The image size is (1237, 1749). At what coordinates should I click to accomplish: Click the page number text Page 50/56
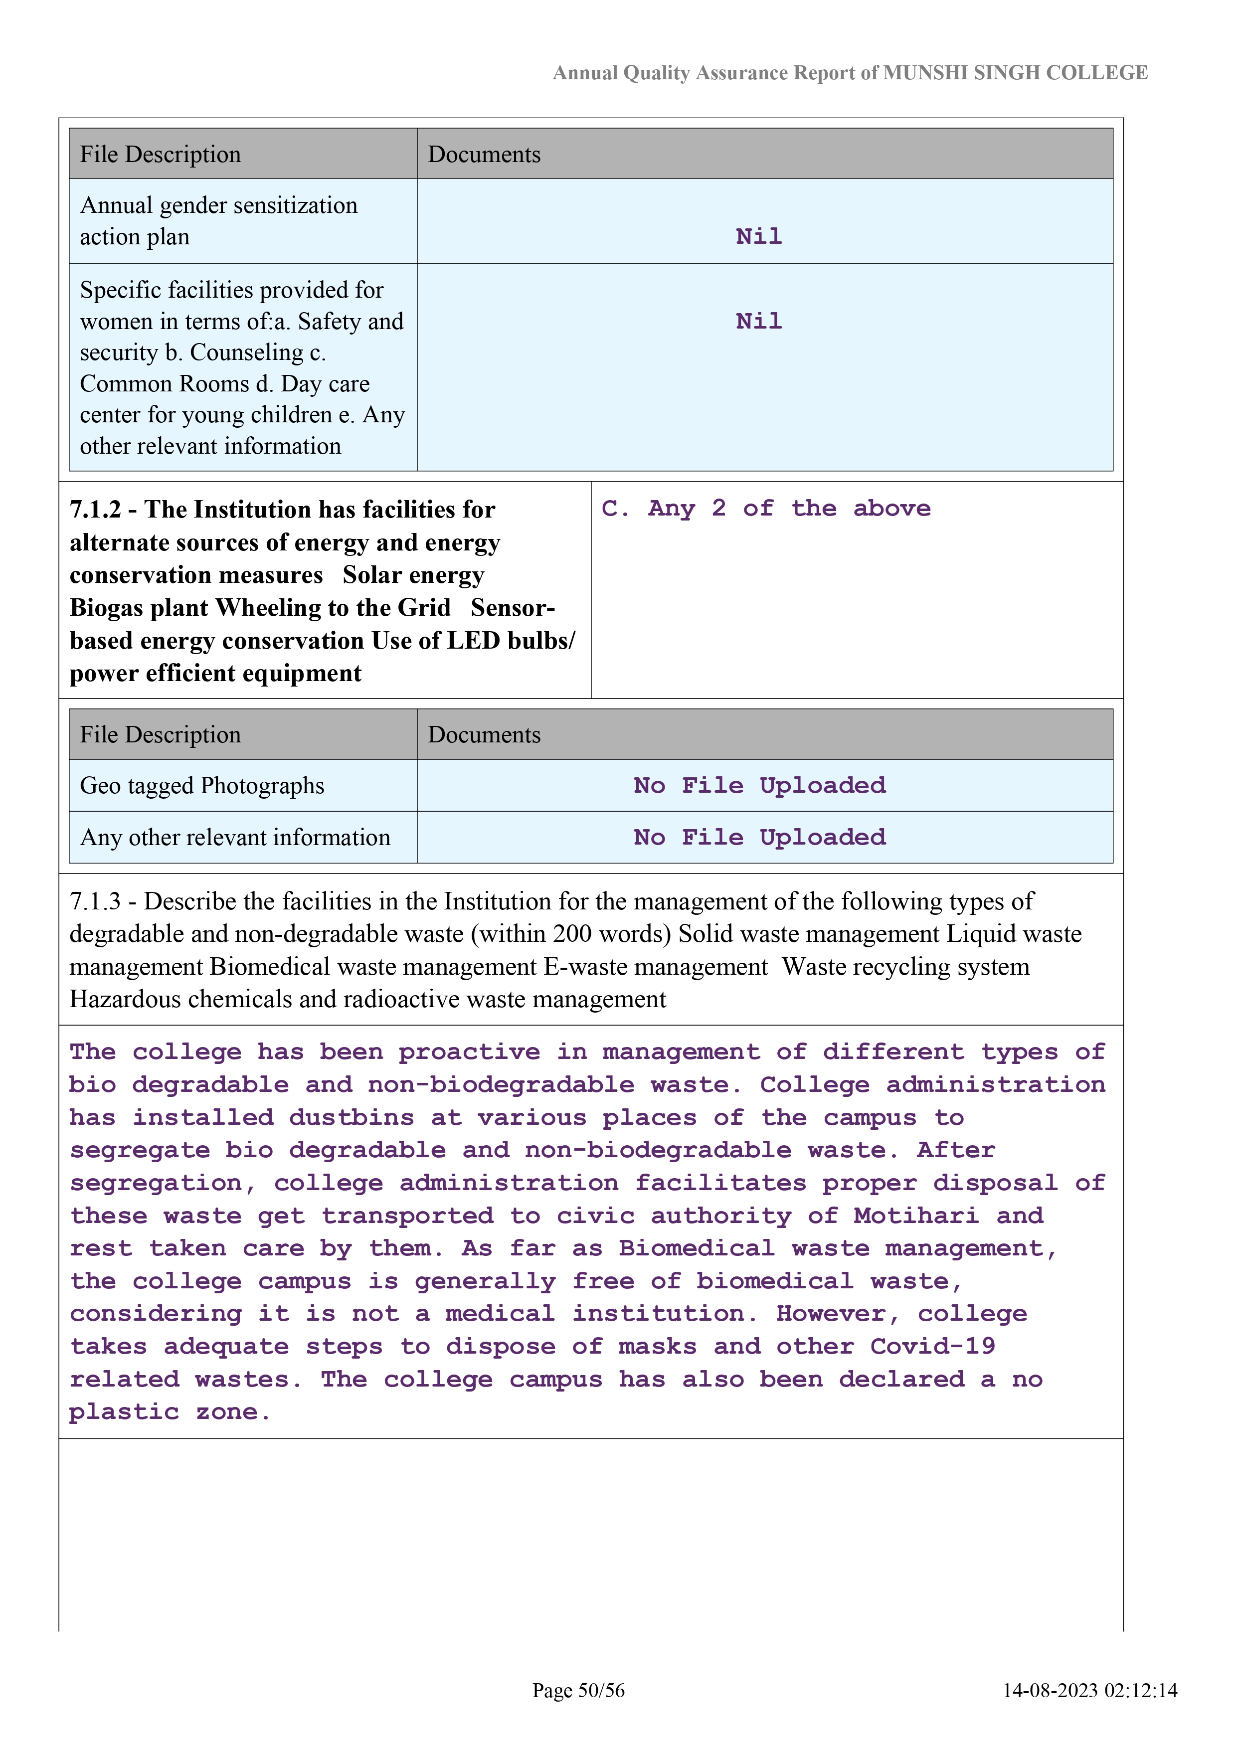pos(578,1690)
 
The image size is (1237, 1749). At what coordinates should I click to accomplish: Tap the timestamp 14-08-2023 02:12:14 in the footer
pos(1089,1690)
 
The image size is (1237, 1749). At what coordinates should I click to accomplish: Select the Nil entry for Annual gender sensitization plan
pos(759,236)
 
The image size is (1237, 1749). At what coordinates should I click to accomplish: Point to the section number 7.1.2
pos(95,509)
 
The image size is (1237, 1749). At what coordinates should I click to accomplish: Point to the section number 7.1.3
pos(95,901)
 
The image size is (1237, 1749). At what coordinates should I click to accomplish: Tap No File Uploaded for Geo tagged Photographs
pos(759,785)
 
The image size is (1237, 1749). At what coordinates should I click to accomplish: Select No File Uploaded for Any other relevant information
pos(759,837)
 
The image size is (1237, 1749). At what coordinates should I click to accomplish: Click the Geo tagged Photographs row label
pos(202,785)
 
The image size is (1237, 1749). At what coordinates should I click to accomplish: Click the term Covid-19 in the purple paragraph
pos(932,1347)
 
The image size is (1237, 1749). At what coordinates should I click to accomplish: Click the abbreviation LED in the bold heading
pos(473,641)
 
